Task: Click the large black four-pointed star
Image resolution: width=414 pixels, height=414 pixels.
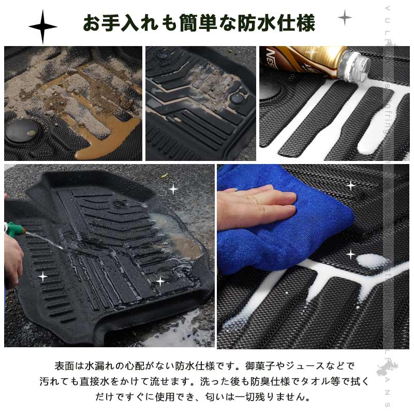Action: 43,25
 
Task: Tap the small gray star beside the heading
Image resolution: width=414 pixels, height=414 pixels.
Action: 345,18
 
